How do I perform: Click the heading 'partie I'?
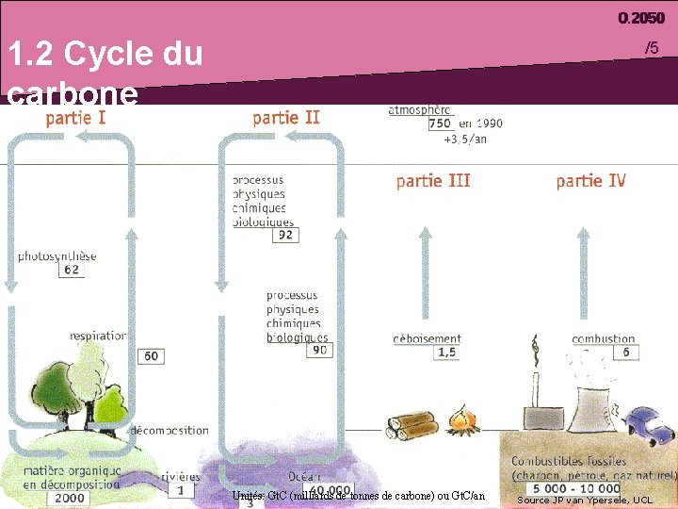pyautogui.click(x=75, y=118)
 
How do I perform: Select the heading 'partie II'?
pyautogui.click(x=286, y=118)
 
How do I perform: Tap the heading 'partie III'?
pyautogui.click(x=433, y=180)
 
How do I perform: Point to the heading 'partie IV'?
pyautogui.click(x=590, y=180)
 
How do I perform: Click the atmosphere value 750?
pyautogui.click(x=440, y=123)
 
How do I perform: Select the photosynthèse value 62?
pyautogui.click(x=73, y=270)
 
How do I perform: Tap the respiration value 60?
pyautogui.click(x=151, y=356)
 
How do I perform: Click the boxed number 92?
pyautogui.click(x=285, y=236)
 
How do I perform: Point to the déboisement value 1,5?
pyautogui.click(x=447, y=353)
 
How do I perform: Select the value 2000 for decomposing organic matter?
pyautogui.click(x=69, y=497)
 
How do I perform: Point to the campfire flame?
pyautogui.click(x=461, y=419)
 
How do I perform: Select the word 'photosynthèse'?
pyautogui.click(x=57, y=255)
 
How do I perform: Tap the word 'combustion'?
pyautogui.click(x=603, y=338)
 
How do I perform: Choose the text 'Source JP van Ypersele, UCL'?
pyautogui.click(x=584, y=500)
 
